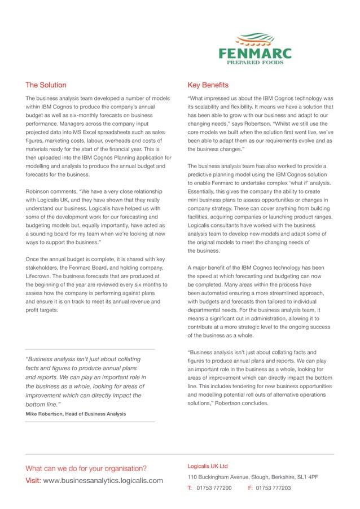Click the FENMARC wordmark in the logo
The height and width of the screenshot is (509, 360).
coord(255,54)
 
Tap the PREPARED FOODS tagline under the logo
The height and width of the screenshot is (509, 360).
coord(255,64)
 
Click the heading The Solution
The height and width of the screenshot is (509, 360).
coord(46,85)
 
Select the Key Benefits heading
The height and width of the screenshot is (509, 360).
coord(208,85)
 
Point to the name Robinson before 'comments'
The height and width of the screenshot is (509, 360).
coord(40,192)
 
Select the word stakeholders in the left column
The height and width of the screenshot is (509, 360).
coord(48,268)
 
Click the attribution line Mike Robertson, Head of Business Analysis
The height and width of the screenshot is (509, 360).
coord(76,414)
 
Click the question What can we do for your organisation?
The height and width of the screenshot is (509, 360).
coord(86,468)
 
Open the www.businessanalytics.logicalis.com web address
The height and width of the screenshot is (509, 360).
coord(103,481)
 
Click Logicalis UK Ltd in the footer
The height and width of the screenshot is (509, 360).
coord(208,466)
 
